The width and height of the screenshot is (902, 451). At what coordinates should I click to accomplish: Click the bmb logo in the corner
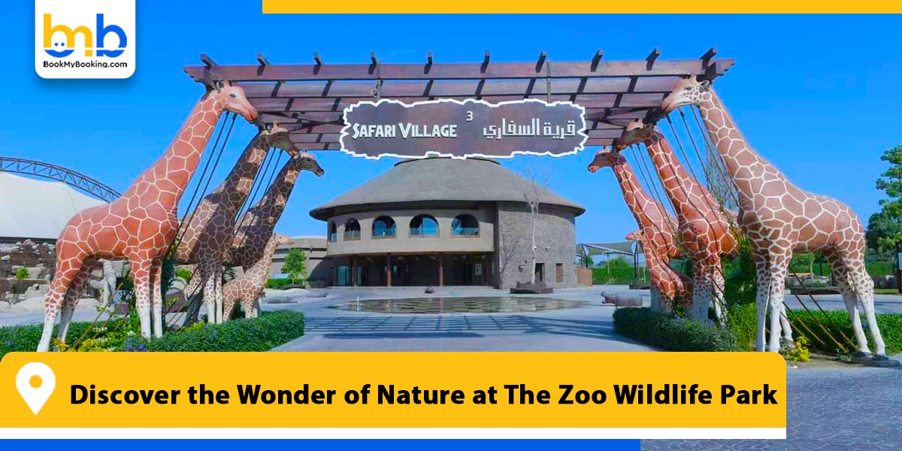pyautogui.click(x=84, y=35)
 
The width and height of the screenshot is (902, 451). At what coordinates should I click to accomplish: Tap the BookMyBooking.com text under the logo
pyautogui.click(x=85, y=65)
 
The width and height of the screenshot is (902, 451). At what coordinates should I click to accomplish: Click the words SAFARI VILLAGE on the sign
pyautogui.click(x=404, y=130)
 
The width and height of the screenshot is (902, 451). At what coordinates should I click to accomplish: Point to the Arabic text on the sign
pyautogui.click(x=522, y=128)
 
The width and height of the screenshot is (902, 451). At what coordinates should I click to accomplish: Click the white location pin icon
pyautogui.click(x=35, y=387)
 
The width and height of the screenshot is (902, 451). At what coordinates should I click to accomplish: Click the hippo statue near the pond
pyautogui.click(x=621, y=298)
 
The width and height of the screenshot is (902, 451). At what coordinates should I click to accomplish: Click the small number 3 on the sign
pyautogui.click(x=470, y=116)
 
